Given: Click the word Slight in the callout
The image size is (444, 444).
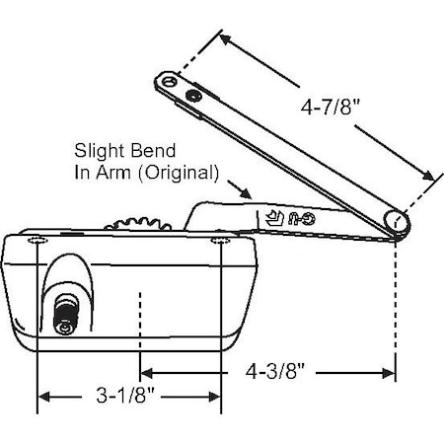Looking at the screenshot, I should (x=98, y=152).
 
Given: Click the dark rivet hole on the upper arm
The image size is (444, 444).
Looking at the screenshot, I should (x=192, y=94).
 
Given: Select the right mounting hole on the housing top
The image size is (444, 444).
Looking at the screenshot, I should (x=220, y=242).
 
